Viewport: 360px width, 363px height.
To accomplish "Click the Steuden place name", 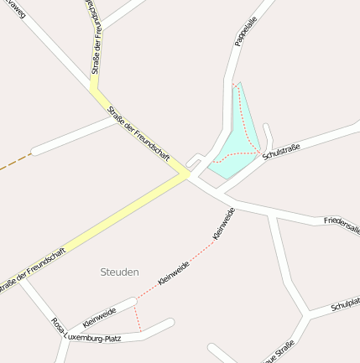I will point(119,272).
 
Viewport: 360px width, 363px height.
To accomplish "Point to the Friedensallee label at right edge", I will point(342,224).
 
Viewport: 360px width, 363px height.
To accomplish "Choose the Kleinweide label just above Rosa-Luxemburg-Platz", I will point(99,316).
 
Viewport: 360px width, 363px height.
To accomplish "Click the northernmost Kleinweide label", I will point(224,225).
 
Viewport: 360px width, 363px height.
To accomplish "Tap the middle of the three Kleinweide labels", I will point(174,273).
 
